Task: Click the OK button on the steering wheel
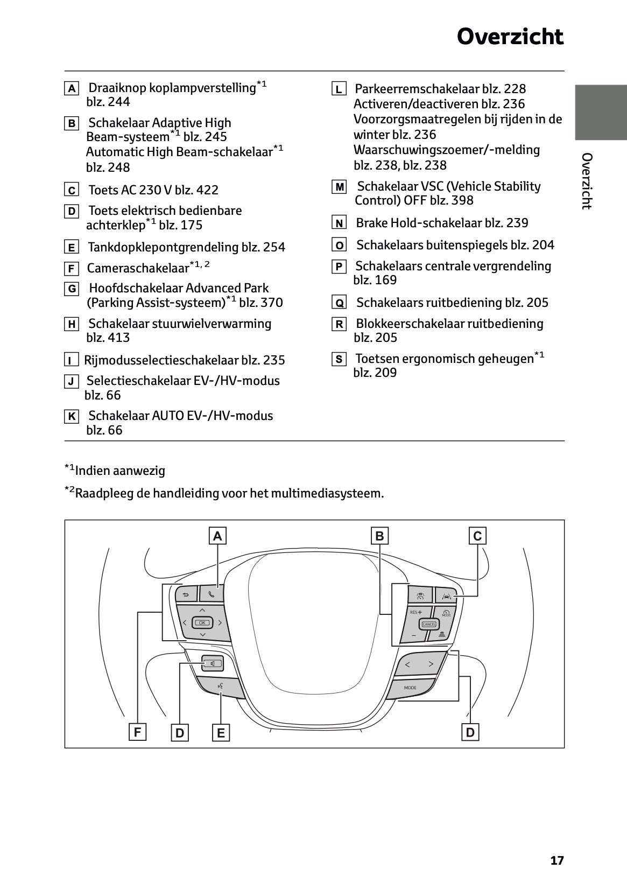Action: (x=202, y=623)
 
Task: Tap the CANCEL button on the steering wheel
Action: (x=429, y=625)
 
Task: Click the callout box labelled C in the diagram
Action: (x=477, y=536)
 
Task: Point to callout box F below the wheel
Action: (x=137, y=732)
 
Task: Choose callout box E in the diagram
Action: (x=221, y=733)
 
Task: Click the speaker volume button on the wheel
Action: (x=212, y=663)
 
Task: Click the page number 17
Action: (x=557, y=860)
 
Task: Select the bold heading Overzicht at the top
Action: (x=510, y=37)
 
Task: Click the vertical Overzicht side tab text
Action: (x=587, y=181)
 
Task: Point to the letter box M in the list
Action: (x=339, y=187)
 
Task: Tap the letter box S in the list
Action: (x=339, y=359)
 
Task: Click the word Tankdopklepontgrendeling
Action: (x=163, y=247)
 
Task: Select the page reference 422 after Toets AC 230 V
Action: (x=207, y=190)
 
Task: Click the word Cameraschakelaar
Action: (x=138, y=268)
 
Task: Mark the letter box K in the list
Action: (x=72, y=416)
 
